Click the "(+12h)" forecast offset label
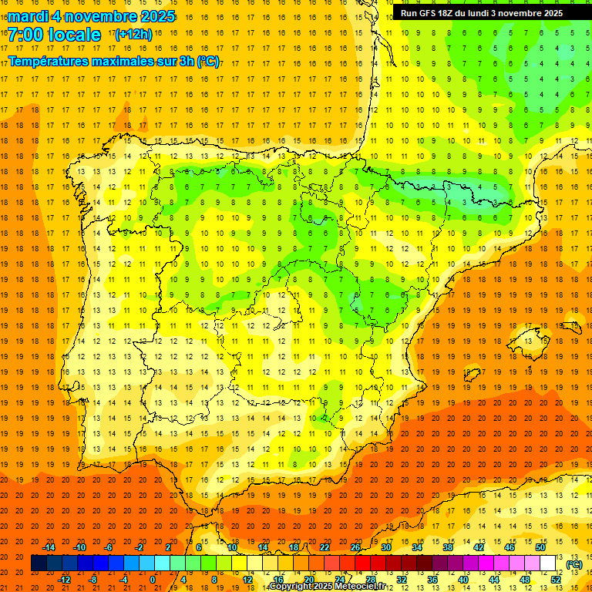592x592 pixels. (133, 35)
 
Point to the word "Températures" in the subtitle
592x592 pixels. (49, 61)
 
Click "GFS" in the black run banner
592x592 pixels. (428, 13)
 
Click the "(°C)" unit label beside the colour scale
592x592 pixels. (574, 564)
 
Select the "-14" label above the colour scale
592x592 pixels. (49, 547)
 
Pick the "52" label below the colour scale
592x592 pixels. (556, 580)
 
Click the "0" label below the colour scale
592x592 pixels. (153, 580)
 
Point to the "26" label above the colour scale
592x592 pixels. (355, 547)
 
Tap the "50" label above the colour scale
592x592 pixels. (540, 547)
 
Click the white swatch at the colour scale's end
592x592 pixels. (548, 563)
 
